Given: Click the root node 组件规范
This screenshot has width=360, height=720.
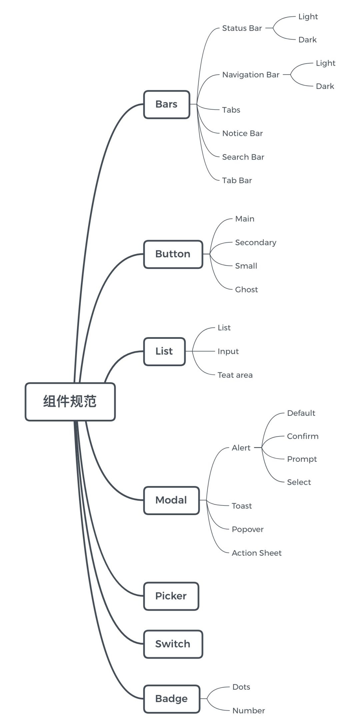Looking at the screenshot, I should [70, 401].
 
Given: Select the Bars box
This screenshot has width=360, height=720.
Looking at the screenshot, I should [167, 104].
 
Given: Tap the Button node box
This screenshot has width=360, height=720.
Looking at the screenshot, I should [173, 254].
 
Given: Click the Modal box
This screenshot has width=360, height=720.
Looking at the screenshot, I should [171, 500].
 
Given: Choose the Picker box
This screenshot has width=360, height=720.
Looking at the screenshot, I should [171, 596].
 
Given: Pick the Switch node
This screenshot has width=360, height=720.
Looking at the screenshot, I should [173, 644].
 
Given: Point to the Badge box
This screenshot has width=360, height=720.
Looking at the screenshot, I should [172, 699].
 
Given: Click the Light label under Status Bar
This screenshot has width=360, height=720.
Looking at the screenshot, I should [308, 17].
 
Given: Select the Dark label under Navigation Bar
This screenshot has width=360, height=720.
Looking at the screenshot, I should [325, 86].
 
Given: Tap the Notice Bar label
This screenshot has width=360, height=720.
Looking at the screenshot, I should [242, 133].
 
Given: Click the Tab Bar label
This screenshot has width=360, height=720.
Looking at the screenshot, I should [237, 180].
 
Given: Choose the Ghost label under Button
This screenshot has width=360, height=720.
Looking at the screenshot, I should [246, 290].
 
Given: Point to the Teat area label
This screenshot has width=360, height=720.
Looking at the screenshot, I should [235, 375].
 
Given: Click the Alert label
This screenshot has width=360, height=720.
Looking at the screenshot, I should [241, 448].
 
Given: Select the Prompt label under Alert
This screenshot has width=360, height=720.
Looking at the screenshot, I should [302, 459].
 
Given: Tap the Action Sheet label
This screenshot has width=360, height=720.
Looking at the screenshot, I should [257, 553].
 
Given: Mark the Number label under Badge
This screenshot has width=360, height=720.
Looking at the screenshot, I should [249, 711].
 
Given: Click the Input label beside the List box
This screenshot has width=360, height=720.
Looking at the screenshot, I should [228, 352].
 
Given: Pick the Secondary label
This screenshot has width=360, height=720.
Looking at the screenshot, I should [256, 243].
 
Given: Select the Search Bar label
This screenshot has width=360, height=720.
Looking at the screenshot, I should [243, 157].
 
